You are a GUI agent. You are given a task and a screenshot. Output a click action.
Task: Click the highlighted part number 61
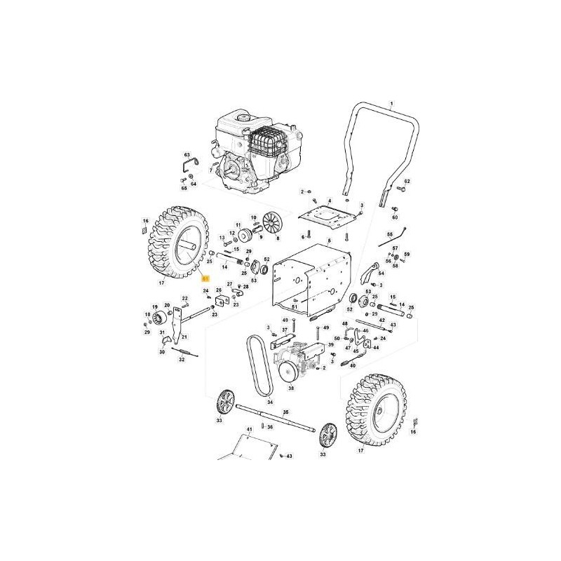click(205, 278)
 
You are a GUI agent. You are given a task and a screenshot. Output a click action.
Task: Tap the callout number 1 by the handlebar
click(392, 103)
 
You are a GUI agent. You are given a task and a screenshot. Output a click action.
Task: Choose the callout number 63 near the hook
click(187, 154)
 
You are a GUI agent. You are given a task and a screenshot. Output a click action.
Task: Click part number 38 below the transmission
click(292, 387)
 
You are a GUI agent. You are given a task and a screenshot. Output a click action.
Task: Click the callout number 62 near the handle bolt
click(406, 182)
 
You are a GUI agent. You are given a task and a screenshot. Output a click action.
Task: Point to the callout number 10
click(254, 217)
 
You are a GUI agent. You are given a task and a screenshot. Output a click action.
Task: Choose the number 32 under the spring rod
click(182, 359)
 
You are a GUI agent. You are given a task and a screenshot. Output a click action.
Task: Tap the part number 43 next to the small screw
click(289, 457)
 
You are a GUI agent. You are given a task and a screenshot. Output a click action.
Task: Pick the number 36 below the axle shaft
click(270, 427)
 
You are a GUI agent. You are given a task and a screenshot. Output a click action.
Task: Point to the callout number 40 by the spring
click(353, 365)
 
